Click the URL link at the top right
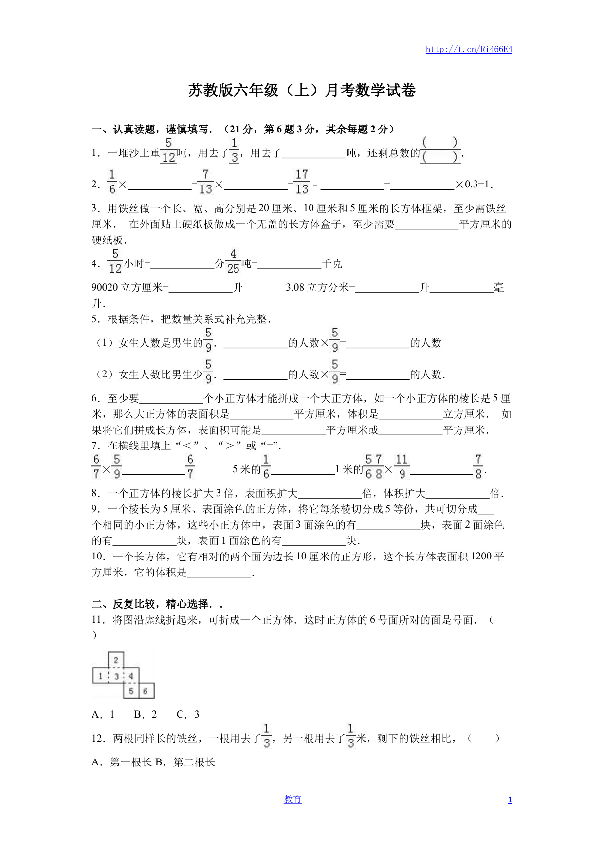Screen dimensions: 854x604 click(469, 49)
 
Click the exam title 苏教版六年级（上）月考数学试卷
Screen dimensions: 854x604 click(302, 91)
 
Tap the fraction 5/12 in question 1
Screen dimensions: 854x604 click(168, 150)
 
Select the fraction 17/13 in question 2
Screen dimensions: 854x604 click(302, 182)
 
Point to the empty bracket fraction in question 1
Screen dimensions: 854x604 click(440, 150)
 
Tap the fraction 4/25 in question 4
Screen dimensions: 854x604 click(233, 261)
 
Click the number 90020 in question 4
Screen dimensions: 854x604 click(105, 288)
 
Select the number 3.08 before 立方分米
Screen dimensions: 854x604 click(295, 288)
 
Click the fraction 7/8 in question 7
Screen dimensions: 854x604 click(478, 467)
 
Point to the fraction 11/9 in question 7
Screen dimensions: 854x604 click(402, 467)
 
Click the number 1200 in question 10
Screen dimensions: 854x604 click(481, 557)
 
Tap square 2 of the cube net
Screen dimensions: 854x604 click(116, 660)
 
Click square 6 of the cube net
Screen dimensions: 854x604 click(146, 691)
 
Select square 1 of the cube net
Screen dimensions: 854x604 click(100, 676)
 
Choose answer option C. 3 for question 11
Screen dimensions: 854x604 click(188, 714)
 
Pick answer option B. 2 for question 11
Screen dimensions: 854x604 click(146, 714)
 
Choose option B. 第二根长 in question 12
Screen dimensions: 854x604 click(185, 762)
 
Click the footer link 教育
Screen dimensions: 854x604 click(293, 799)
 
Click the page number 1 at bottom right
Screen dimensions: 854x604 click(510, 800)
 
